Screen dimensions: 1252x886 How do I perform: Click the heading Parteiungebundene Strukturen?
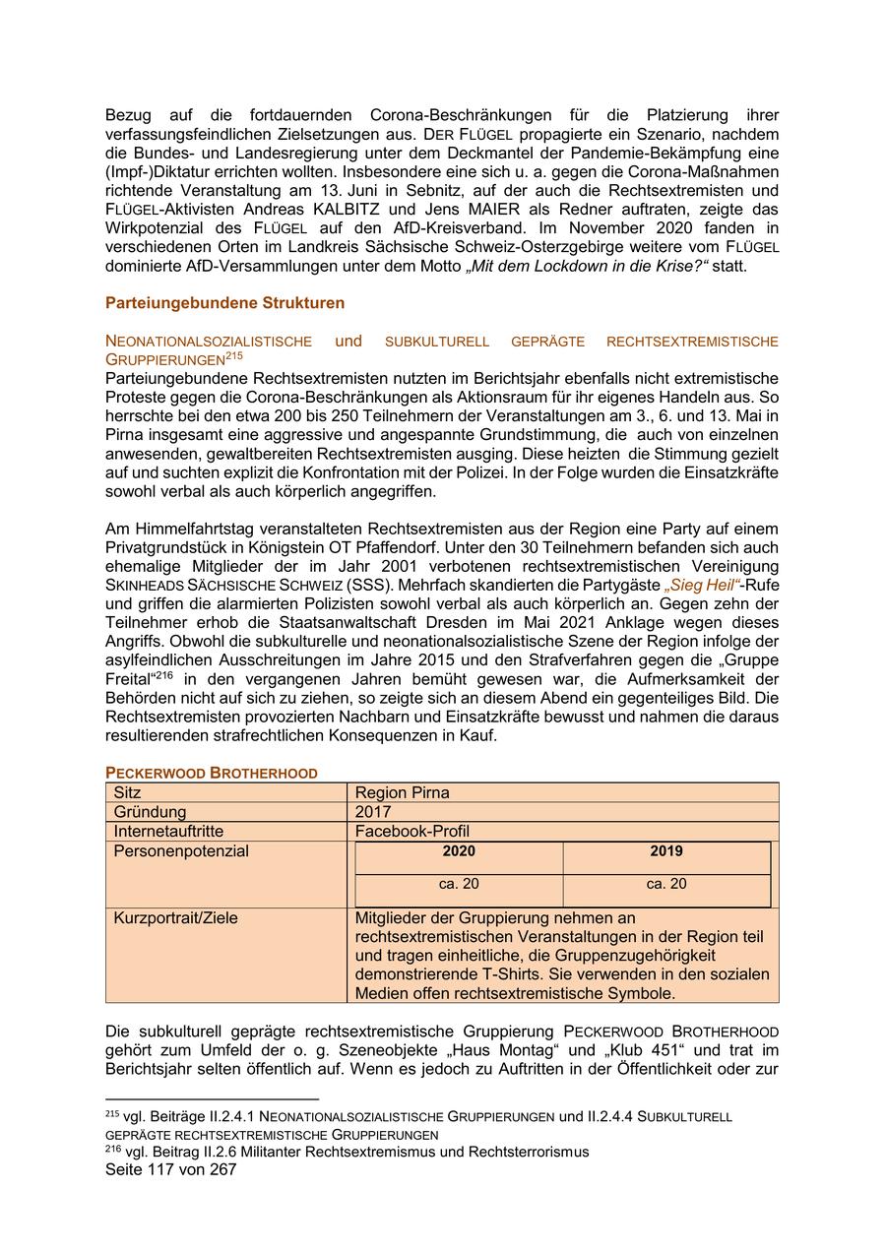[x=224, y=302]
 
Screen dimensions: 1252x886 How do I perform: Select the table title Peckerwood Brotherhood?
[x=211, y=773]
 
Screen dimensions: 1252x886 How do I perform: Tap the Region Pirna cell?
[x=402, y=792]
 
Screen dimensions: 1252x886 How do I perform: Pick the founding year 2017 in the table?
[x=373, y=812]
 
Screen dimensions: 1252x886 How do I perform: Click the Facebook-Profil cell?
[x=411, y=832]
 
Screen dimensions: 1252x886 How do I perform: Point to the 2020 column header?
[x=459, y=851]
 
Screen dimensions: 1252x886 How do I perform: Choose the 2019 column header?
[x=666, y=851]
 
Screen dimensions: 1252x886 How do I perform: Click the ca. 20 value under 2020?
[x=459, y=884]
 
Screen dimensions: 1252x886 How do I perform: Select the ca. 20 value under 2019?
[x=666, y=884]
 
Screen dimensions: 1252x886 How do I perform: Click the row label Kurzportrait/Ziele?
[x=175, y=918]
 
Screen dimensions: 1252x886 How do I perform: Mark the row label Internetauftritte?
[x=168, y=832]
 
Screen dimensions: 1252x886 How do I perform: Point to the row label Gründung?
[x=150, y=812]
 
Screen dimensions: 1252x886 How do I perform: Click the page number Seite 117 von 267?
[x=170, y=1169]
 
